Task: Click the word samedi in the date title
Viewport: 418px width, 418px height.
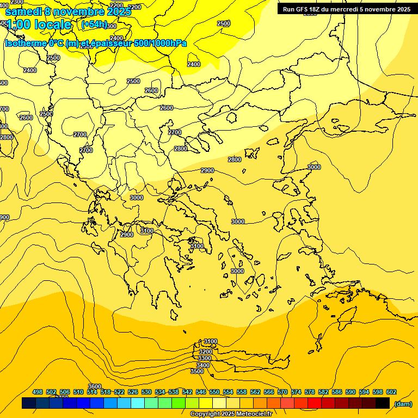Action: (x=23, y=11)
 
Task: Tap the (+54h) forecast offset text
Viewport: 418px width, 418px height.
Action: (x=94, y=24)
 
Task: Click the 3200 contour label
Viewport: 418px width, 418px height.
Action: (x=205, y=352)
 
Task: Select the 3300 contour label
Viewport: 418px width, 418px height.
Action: (x=205, y=358)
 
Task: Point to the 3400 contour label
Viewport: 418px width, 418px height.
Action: (x=203, y=365)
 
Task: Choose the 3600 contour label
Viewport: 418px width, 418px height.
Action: (x=95, y=386)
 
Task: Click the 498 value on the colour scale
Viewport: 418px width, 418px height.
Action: (x=38, y=392)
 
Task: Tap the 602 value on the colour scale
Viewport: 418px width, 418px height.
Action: (x=391, y=392)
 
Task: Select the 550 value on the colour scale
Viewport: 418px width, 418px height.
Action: (x=214, y=392)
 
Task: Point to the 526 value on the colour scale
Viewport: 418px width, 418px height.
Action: (x=133, y=392)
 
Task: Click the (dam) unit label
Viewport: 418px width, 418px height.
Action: (x=403, y=403)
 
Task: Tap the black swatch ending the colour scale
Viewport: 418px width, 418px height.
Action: (x=383, y=403)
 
